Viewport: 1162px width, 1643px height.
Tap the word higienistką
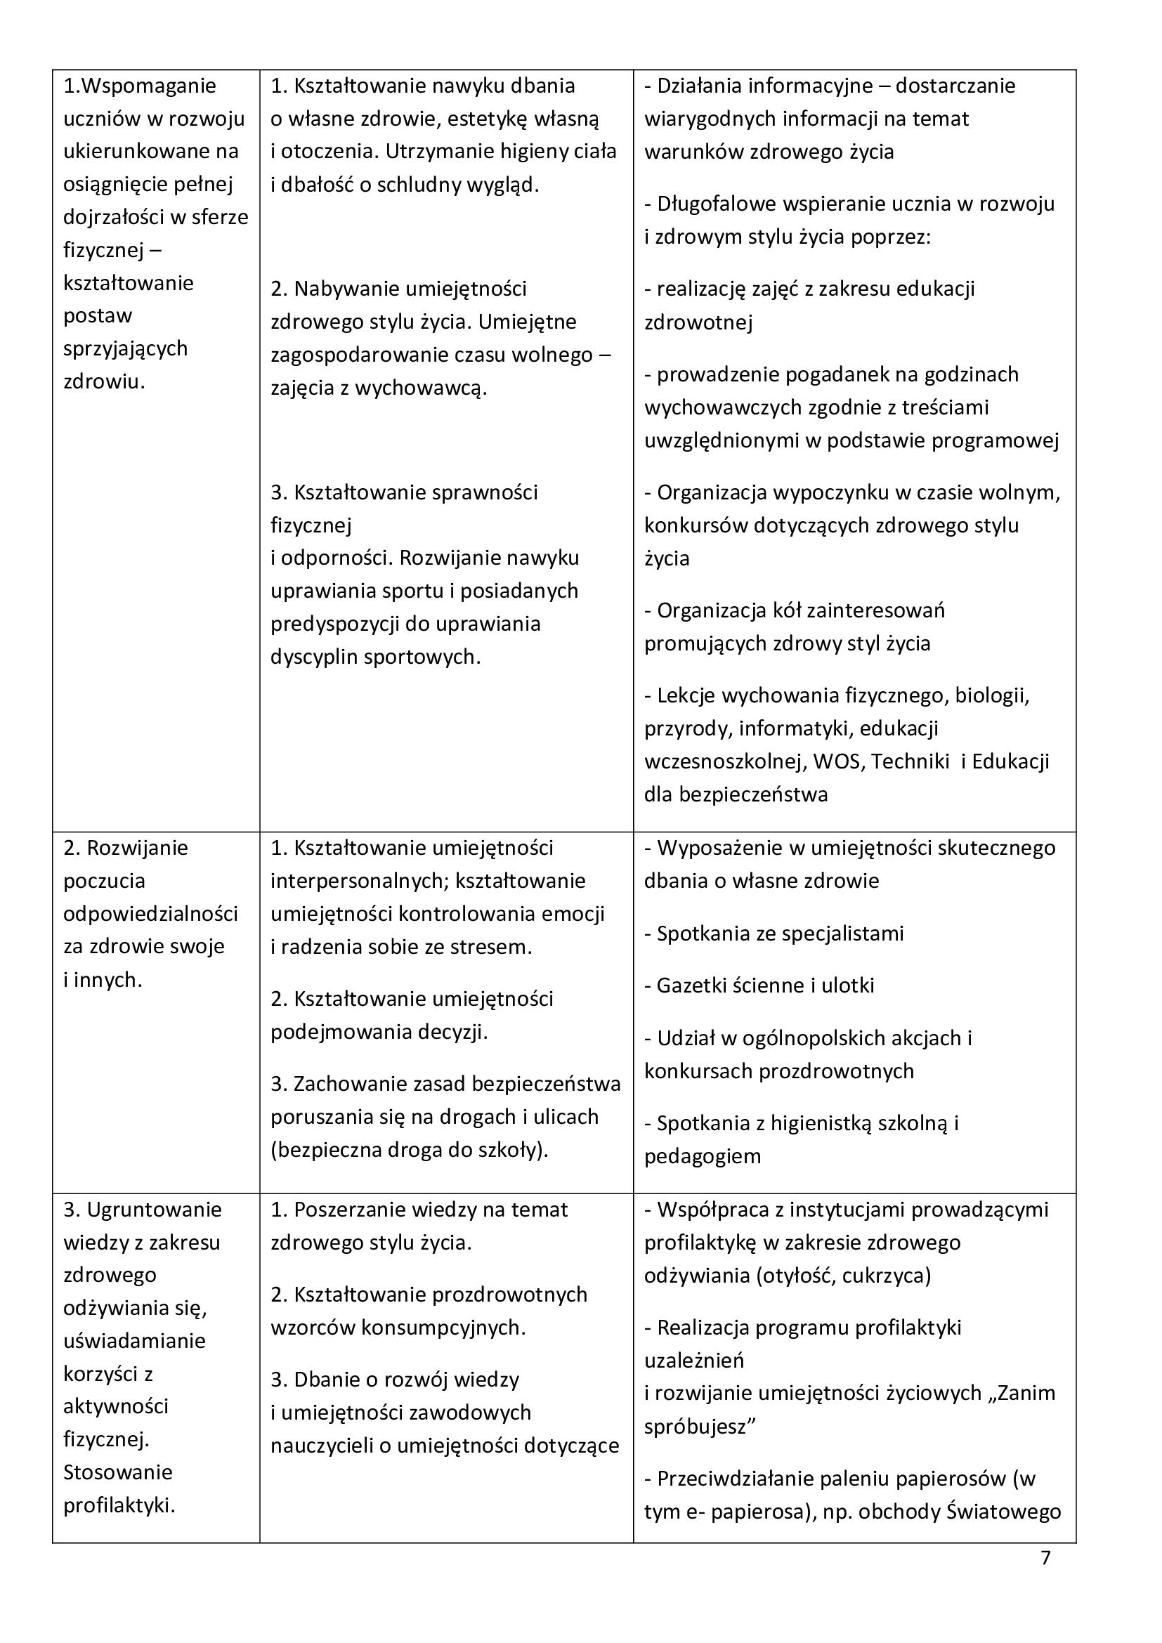820,1123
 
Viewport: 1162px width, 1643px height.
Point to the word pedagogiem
702,1156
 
